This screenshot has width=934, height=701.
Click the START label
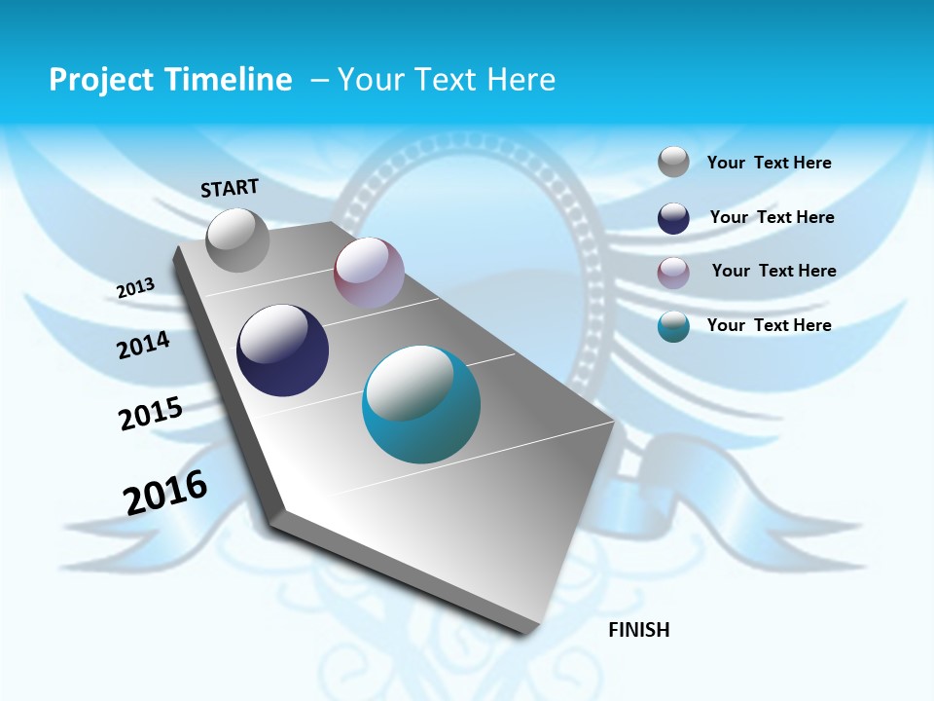point(230,188)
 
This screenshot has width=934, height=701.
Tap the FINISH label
point(639,630)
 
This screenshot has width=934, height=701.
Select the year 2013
point(135,288)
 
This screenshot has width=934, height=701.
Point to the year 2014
point(143,346)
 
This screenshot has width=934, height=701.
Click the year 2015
point(151,414)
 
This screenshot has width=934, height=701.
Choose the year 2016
point(165,493)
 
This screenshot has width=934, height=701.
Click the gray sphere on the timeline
point(238,240)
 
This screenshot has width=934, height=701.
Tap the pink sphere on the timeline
point(369,273)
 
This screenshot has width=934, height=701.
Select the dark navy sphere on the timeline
point(283,350)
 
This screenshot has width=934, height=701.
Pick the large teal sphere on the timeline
point(421,404)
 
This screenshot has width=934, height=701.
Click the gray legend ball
point(673,163)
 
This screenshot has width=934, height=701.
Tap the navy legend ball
point(673,218)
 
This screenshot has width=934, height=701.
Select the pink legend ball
point(673,273)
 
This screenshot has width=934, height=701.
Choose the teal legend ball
point(673,326)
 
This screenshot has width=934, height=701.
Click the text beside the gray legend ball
point(769,163)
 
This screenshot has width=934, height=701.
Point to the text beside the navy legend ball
point(772,217)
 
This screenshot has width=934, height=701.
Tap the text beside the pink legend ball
point(773,271)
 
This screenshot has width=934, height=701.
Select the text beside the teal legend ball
point(769,325)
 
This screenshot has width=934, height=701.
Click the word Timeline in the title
point(234,80)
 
